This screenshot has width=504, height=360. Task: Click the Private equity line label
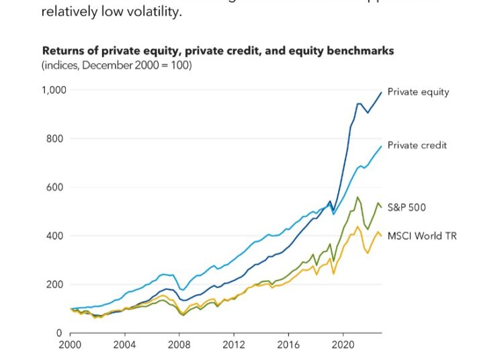point(418,92)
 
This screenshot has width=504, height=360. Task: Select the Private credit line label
point(417,145)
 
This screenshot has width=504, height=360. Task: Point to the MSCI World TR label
point(422,236)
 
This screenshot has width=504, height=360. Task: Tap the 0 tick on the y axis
point(61,333)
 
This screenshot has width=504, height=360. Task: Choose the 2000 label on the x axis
point(71,347)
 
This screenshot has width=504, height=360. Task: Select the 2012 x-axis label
point(234,347)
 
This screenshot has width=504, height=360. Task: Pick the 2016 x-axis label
point(288,347)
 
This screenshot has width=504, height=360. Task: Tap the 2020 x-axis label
point(343,347)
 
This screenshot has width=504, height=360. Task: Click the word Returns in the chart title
point(61,50)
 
